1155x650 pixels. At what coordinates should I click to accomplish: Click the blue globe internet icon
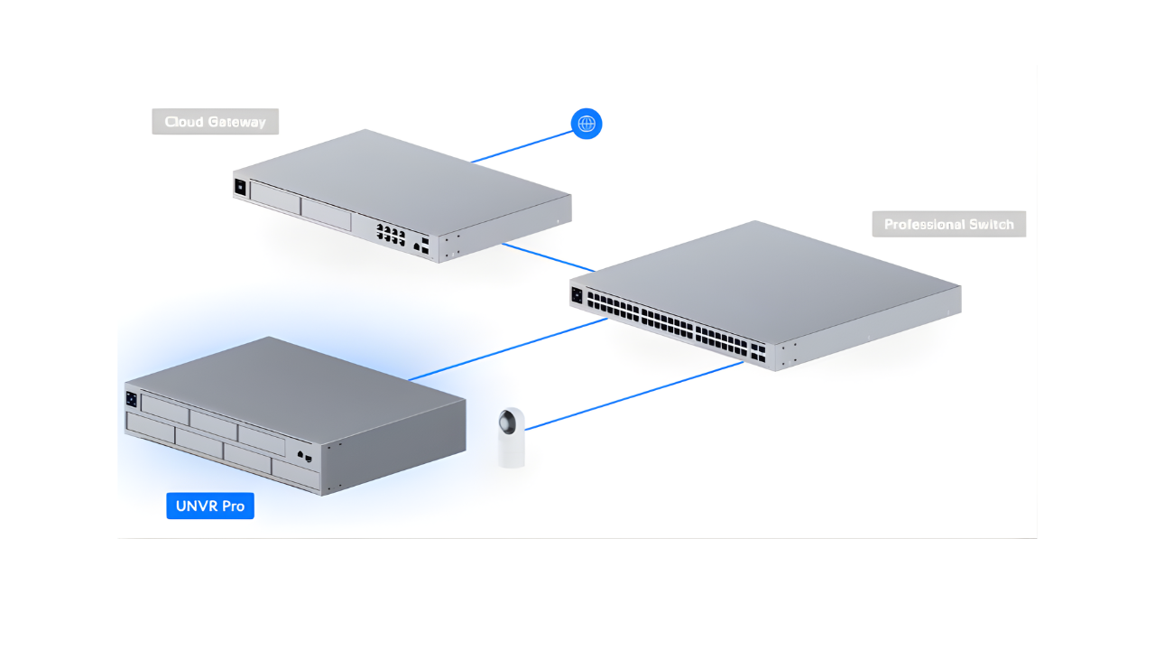587,124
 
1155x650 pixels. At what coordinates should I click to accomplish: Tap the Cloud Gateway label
215,122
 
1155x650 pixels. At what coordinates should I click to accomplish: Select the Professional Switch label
948,225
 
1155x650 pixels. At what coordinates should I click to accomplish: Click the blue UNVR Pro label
210,506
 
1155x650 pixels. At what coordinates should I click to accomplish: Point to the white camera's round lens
512,422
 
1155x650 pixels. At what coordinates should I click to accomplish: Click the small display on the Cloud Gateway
240,187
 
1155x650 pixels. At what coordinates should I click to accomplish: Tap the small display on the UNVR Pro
132,398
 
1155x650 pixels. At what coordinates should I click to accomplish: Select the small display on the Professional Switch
577,293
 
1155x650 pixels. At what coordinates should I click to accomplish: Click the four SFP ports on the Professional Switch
756,352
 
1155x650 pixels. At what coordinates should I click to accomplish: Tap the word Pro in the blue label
234,506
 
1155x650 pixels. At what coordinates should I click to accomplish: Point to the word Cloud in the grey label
185,122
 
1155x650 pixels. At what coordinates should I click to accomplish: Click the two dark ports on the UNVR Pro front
304,456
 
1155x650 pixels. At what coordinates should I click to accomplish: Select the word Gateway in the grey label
237,122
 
